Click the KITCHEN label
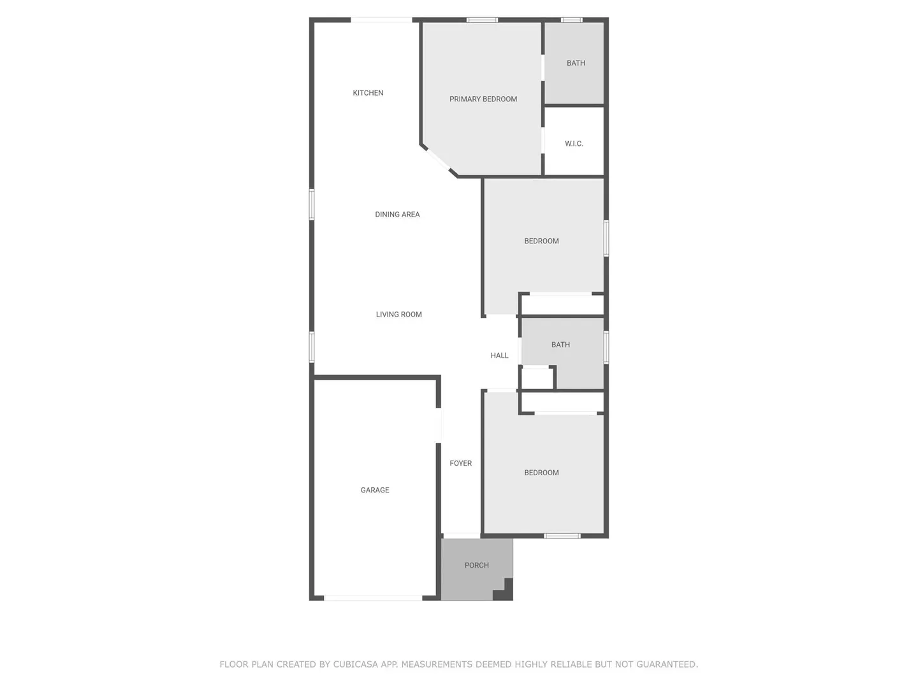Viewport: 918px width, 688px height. pyautogui.click(x=368, y=93)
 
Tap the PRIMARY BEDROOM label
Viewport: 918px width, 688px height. pyautogui.click(x=483, y=99)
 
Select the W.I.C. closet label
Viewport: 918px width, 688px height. pyautogui.click(x=574, y=144)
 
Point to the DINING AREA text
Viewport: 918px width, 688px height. pyautogui.click(x=397, y=214)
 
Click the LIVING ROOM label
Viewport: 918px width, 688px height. pyautogui.click(x=398, y=314)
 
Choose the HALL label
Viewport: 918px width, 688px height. pyautogui.click(x=499, y=355)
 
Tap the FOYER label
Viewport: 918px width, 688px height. pyautogui.click(x=460, y=463)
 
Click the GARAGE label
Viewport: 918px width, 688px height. pyautogui.click(x=375, y=490)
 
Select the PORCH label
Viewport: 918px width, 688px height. pyautogui.click(x=476, y=565)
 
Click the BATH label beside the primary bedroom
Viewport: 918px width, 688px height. pyautogui.click(x=576, y=63)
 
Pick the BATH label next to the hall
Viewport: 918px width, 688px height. pyautogui.click(x=560, y=345)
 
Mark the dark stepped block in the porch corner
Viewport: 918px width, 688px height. pyautogui.click(x=503, y=591)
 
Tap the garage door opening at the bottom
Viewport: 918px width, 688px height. pyautogui.click(x=373, y=598)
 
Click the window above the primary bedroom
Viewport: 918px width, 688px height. pyautogui.click(x=482, y=20)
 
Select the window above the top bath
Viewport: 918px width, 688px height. pyautogui.click(x=572, y=20)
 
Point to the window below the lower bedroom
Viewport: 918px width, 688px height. pyautogui.click(x=562, y=536)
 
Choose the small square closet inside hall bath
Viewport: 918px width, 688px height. pyautogui.click(x=537, y=378)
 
